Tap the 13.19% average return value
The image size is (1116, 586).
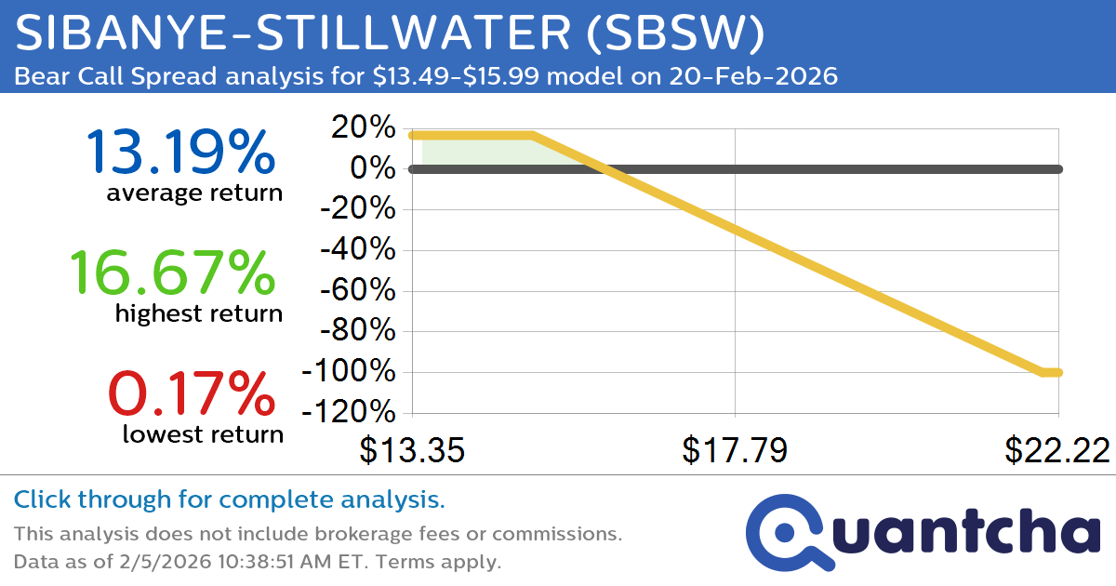click(181, 153)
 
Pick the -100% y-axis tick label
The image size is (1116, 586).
click(350, 372)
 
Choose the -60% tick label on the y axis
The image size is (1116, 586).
click(358, 291)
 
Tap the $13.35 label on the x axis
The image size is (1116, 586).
click(412, 450)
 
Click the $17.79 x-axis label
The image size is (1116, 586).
click(735, 450)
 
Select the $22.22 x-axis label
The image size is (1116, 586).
click(1057, 450)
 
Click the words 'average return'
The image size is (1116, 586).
click(193, 193)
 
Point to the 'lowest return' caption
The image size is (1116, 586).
click(203, 434)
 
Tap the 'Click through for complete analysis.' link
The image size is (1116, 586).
click(229, 500)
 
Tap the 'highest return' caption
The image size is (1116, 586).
click(199, 314)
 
